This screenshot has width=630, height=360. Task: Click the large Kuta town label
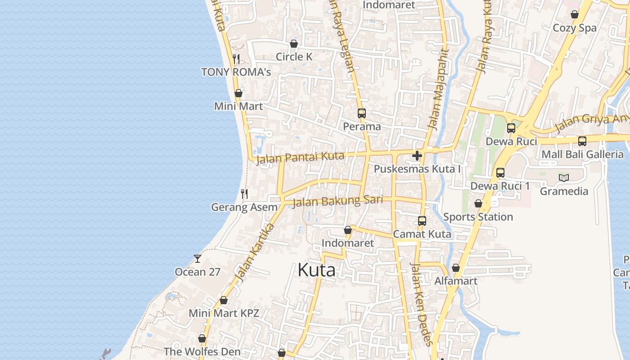316,270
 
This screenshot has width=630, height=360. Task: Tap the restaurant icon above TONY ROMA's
236,58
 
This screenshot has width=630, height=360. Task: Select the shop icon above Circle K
294,44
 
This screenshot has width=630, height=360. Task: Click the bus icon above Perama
362,113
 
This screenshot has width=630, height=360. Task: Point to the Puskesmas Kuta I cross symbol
417,156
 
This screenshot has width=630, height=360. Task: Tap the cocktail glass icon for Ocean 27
197,258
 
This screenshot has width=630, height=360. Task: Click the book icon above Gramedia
564,178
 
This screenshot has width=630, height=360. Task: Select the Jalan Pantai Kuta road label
300,158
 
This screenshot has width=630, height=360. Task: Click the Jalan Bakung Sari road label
337,201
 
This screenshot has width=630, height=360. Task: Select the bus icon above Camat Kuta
422,221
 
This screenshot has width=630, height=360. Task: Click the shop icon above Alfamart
456,268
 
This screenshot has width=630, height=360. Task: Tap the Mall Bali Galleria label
582,154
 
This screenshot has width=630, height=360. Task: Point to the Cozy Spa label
574,28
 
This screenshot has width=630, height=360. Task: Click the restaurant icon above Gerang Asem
244,194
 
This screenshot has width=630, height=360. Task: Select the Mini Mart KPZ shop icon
224,300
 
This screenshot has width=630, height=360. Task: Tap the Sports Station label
478,217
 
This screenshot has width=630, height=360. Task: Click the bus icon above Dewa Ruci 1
500,173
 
